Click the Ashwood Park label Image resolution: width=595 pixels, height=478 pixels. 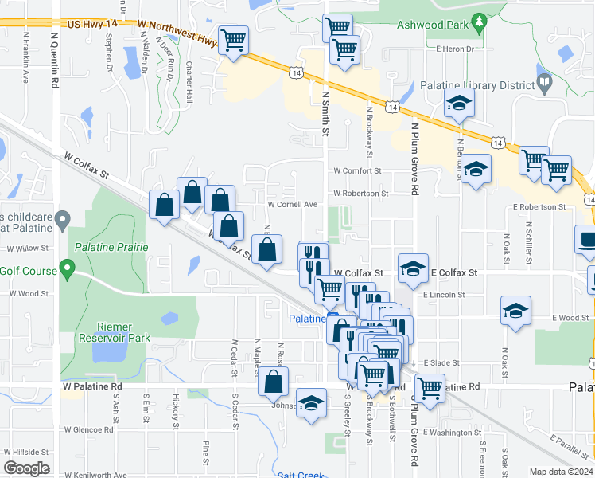(434, 25)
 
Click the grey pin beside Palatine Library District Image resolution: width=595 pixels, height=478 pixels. (544, 81)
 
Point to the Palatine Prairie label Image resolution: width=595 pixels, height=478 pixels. (112, 247)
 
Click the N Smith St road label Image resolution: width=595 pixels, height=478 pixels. (325, 112)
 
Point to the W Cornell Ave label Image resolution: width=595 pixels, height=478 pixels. (292, 204)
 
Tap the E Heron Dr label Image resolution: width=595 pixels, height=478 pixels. (455, 49)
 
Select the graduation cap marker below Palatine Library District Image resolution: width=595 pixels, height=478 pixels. (459, 103)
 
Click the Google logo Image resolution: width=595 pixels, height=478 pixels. (26, 468)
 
